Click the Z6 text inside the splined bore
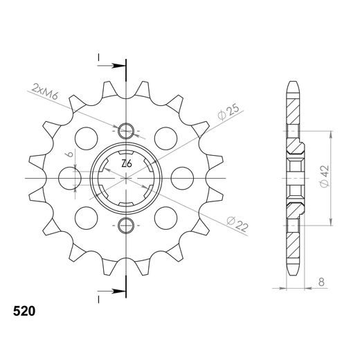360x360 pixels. pyautogui.click(x=126, y=164)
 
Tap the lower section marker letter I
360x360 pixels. pyautogui.click(x=100, y=298)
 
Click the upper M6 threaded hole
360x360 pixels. pyautogui.click(x=126, y=132)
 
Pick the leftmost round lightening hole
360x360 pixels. pyautogui.click(x=70, y=178)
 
